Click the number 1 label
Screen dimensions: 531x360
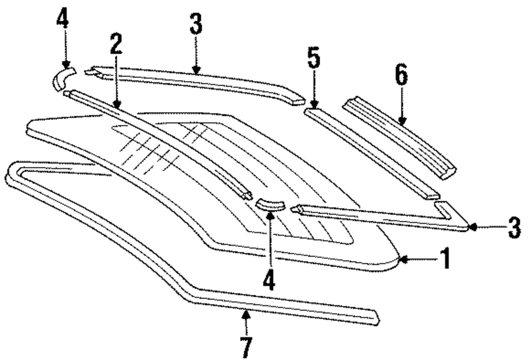(445, 259)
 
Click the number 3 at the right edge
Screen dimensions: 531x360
(513, 227)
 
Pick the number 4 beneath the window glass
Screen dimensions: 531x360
(270, 280)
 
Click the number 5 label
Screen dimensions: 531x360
(314, 59)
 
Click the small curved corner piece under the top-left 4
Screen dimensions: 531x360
(62, 78)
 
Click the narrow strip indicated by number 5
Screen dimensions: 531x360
(372, 154)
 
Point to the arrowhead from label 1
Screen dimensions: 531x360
(402, 259)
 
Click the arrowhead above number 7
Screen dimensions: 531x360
(246, 314)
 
